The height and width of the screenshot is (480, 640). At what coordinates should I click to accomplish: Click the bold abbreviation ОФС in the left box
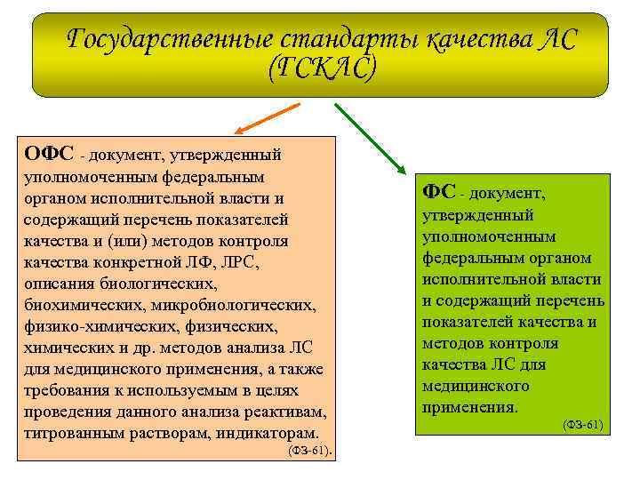50,153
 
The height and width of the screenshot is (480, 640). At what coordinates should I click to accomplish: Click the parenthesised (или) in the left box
131,241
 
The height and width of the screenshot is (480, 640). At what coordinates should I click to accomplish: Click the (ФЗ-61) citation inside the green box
582,425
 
